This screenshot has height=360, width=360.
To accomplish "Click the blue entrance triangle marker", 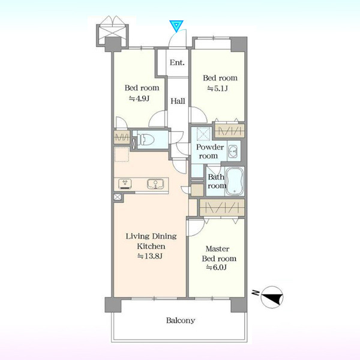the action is pos(176,26).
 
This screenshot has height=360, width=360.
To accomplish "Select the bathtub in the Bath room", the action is pos(235,181).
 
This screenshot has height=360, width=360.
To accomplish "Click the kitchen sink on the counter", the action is pos(155,184).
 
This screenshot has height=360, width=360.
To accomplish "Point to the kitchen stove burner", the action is pos(125,184).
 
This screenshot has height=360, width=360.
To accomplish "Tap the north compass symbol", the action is pos(272,297).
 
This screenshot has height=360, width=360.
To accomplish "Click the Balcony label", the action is pos(181,320).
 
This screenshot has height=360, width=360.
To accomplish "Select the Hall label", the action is pos(178,101).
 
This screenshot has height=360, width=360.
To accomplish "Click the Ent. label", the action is pos(177,62).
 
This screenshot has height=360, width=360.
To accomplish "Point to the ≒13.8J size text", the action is pos(150,256).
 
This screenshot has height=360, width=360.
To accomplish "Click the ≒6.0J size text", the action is pos(216,267).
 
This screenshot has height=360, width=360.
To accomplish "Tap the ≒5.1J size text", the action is pos(217,88).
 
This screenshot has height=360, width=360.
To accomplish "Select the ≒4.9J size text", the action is pos(139,98).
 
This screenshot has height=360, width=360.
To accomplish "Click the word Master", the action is pos(217,248).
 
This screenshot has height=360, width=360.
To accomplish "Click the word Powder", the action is pos(210,147).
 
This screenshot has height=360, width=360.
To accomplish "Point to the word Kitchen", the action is pos(151,247).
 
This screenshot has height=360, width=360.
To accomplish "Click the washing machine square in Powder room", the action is pos(203,134).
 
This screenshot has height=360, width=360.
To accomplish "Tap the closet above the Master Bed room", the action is pos(222,208).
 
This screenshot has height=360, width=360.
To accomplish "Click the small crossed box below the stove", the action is pos(118,197).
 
